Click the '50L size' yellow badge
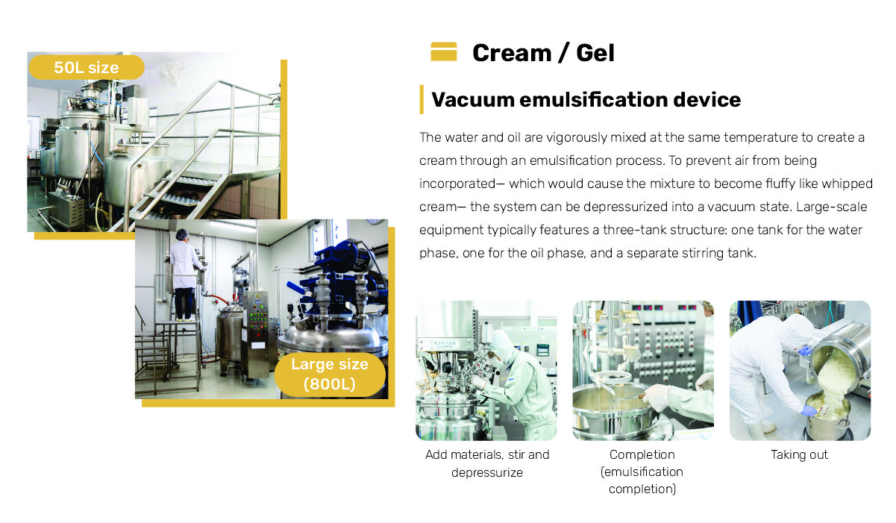[87, 67]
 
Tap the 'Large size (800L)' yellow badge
[330, 375]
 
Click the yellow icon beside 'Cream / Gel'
[444, 51]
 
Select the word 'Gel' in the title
[595, 53]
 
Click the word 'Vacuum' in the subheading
[473, 100]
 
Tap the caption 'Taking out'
[799, 454]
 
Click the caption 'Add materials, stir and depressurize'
[487, 463]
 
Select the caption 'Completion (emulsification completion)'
[642, 472]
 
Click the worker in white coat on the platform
[185, 275]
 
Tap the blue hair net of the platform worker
[182, 234]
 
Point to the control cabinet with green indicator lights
[257, 334]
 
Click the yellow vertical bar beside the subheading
[422, 100]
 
